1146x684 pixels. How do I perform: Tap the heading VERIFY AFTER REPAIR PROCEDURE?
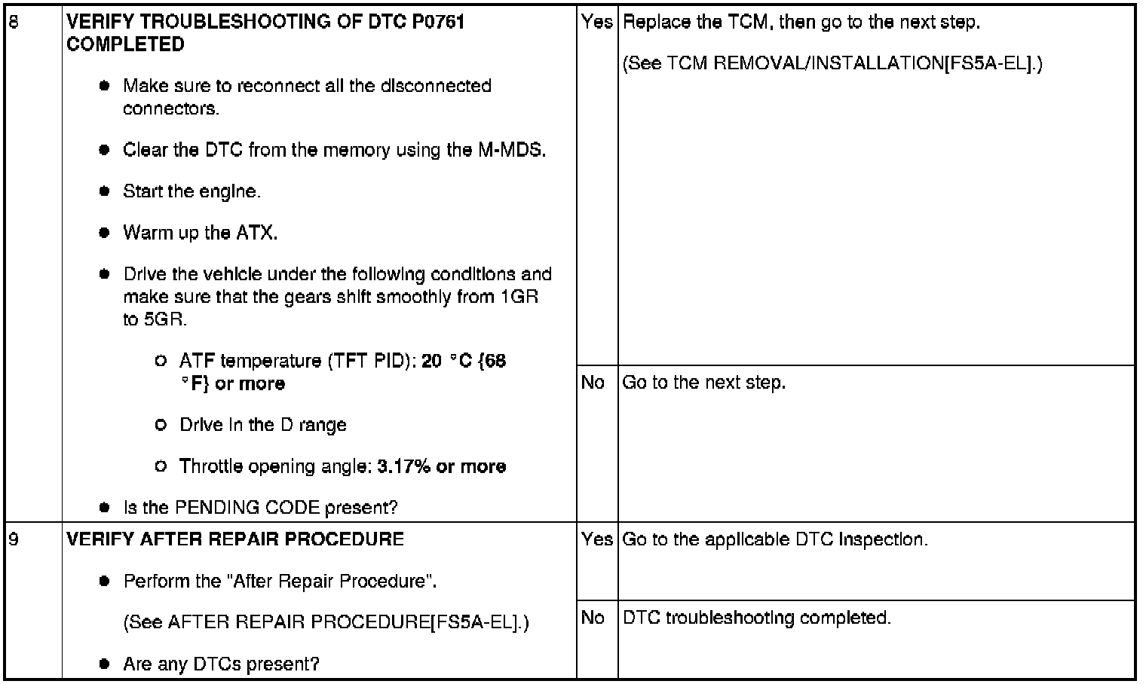(235, 539)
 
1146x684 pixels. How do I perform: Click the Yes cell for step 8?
(596, 23)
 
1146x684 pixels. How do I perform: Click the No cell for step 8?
(593, 383)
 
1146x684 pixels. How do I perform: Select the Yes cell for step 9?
(596, 540)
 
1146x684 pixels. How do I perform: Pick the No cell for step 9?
(593, 618)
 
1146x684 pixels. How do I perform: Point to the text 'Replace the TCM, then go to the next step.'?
(801, 23)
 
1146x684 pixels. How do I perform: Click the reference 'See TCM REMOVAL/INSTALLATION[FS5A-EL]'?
(832, 64)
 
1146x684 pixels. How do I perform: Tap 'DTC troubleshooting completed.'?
(757, 618)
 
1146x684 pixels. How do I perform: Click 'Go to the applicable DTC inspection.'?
(775, 540)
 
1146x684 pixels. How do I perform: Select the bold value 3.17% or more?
(442, 466)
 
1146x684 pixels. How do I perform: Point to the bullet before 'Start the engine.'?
(105, 191)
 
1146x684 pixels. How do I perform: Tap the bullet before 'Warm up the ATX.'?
(105, 233)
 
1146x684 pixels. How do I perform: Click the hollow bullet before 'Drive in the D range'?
(160, 425)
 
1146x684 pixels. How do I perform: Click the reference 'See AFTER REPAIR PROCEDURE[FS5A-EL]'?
(326, 623)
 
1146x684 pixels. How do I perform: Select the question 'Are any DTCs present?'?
(221, 664)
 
